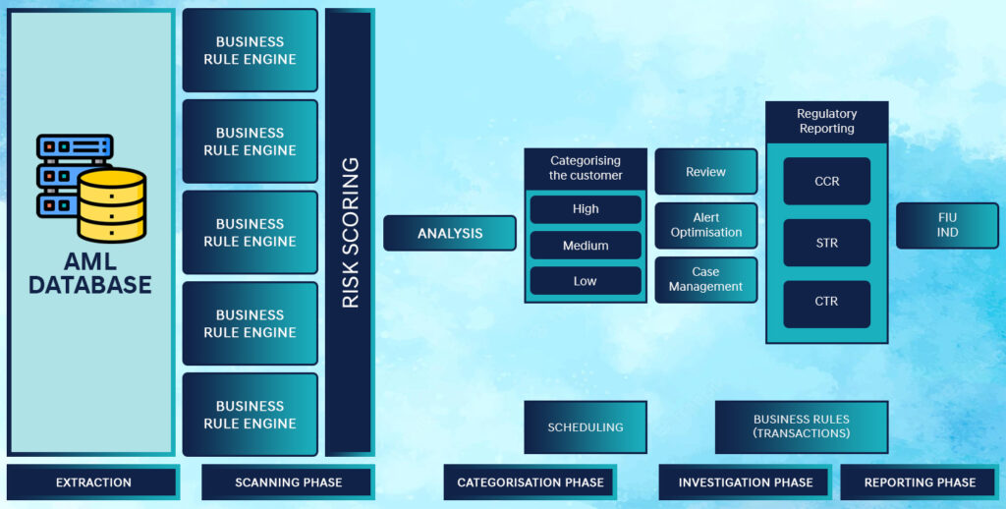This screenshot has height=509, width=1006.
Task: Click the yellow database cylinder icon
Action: pos(112,204)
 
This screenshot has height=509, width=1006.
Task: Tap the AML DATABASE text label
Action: pos(89,273)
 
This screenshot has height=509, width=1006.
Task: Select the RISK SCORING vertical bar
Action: pos(350,232)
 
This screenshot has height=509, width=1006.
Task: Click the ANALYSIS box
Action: pos(450,233)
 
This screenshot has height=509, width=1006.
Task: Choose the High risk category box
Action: pos(586,209)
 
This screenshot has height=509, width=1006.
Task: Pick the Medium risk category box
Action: pos(586,246)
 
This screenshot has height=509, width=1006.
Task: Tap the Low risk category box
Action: pos(586,281)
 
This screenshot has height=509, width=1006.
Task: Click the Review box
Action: pos(705,171)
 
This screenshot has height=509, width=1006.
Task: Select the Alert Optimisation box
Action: pos(705,225)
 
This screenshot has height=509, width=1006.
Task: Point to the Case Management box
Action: pos(705,280)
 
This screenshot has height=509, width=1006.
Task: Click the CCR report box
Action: pos(827,182)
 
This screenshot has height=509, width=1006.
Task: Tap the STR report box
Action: pos(827,243)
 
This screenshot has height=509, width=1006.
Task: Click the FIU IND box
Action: pos(947,225)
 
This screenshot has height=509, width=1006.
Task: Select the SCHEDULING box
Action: pos(586,427)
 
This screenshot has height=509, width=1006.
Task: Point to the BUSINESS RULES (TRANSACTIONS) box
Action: pos(802,427)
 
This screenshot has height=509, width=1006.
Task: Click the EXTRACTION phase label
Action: pos(93,482)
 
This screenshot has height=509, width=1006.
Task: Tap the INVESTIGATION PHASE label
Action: pos(746,482)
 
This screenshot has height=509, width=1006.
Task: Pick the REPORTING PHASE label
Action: pos(920,482)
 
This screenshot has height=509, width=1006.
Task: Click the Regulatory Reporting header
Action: pos(827,122)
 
